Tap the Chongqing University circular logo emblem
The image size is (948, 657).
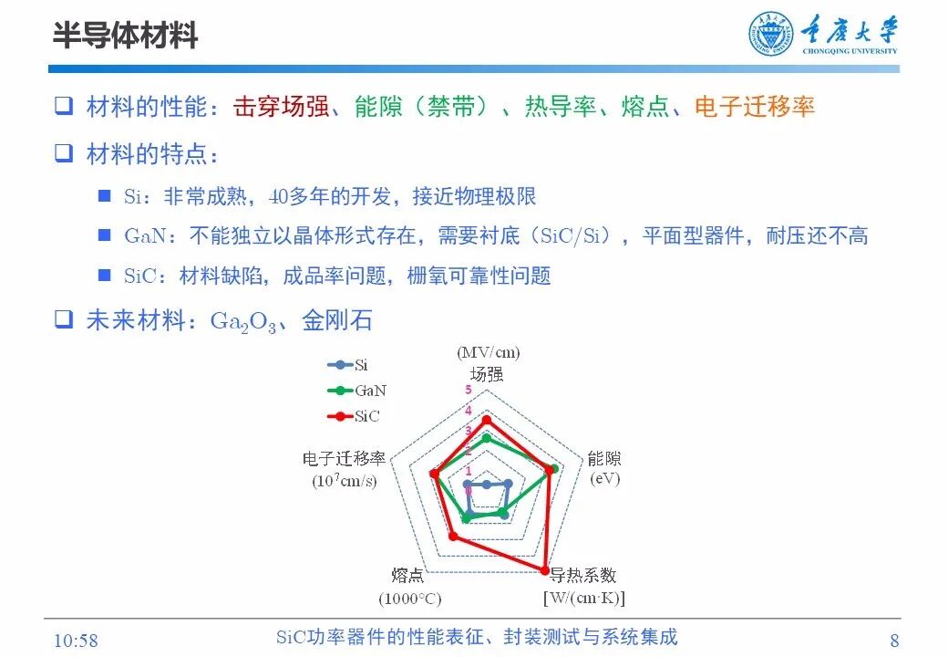pos(771,35)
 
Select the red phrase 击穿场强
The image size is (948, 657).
pos(281,107)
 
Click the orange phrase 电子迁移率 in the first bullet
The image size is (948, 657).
pos(754,107)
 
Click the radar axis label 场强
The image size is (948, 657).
pos(487,373)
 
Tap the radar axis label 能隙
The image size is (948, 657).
pos(603,459)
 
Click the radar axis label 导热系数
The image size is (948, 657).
pos(583,576)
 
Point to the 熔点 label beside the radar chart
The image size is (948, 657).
pos(407,576)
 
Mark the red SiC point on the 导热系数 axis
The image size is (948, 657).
pos(545,571)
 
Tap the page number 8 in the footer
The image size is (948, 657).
pos(894,640)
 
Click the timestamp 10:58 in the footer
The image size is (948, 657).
pos(77,640)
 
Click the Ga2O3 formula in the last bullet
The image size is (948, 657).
pos(242,321)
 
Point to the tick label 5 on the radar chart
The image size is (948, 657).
pos(469,391)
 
